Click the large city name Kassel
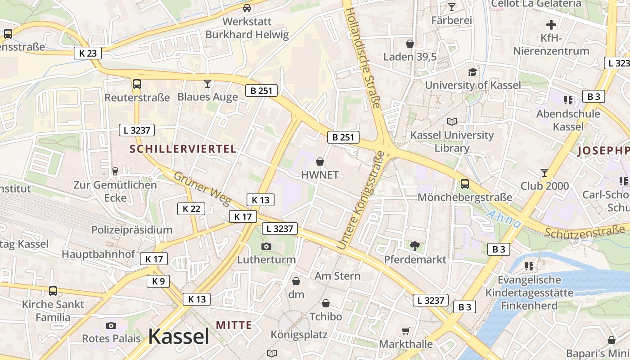pos(179,337)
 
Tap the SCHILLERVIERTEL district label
pos(183,149)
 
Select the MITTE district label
pos(234,325)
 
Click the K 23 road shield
pos(88,53)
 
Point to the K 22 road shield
pos(191,209)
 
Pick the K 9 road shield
pos(158,281)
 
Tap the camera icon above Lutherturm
pos(266,246)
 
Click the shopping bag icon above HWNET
pos(320,161)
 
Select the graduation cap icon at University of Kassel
pos(472,72)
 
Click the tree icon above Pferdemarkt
pos(414,246)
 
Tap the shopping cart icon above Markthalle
pos(406,331)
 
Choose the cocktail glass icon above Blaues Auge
pos(207,83)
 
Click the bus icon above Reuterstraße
pos(137,84)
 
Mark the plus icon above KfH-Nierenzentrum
pos(551,24)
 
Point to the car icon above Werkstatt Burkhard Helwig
pos(247,8)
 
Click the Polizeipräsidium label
pos(132,230)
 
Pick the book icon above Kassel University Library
pos(452,121)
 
